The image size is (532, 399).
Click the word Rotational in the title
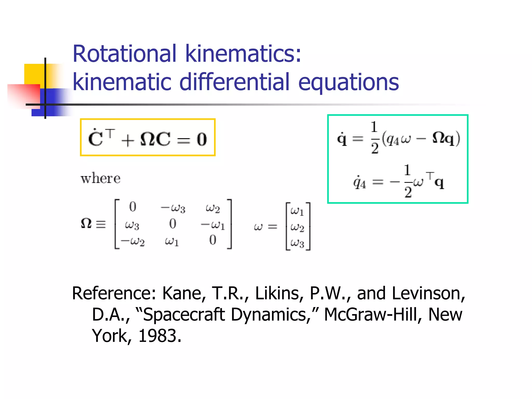click(x=124, y=54)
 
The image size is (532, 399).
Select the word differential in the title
click(x=234, y=82)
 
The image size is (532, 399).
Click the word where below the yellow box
click(x=101, y=179)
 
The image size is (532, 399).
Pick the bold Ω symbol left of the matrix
click(x=86, y=224)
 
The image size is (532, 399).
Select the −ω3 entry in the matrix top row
click(x=173, y=208)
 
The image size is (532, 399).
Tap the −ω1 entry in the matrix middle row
click(x=213, y=225)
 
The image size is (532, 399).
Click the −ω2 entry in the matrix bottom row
click(x=133, y=241)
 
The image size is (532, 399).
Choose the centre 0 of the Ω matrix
click(x=173, y=224)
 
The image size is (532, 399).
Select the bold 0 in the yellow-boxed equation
click(x=202, y=139)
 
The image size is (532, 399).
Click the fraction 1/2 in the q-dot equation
click(x=374, y=138)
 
